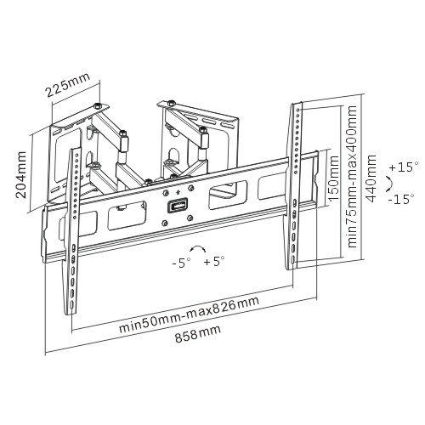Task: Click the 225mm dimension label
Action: [68, 84]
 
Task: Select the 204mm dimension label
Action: [21, 174]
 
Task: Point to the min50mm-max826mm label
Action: [189, 314]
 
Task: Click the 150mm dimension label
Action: [333, 178]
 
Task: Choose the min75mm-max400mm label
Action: [352, 177]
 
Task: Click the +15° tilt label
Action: [404, 167]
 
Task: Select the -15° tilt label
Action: [401, 199]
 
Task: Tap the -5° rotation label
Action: [181, 263]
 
